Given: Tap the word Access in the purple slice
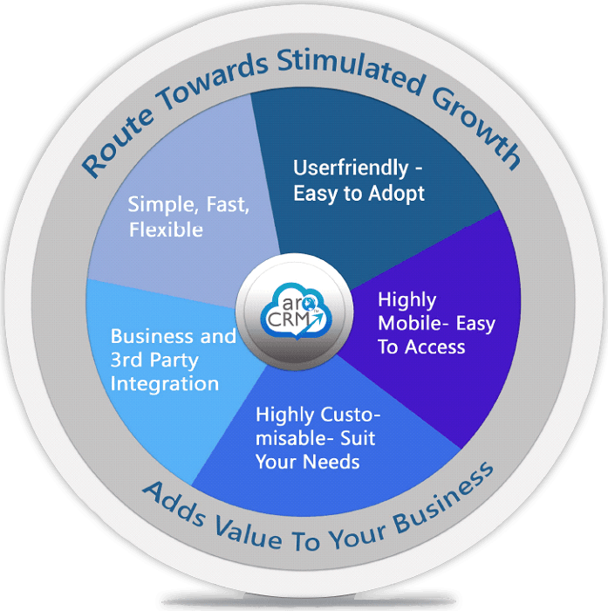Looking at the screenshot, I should coord(433,347).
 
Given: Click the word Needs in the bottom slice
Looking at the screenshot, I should coord(331,461).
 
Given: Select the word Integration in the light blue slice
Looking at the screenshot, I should coord(165,383).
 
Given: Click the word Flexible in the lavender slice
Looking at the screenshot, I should coord(166,230).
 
